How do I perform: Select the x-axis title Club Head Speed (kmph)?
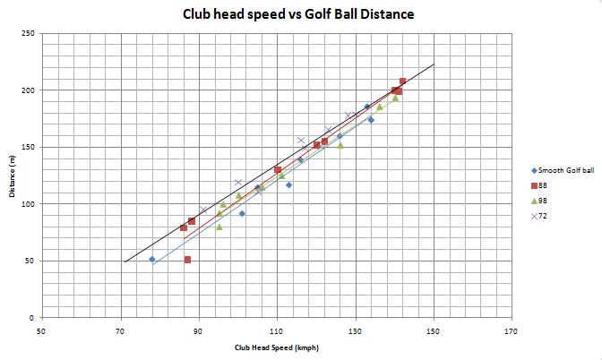277,348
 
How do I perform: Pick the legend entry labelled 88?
541,185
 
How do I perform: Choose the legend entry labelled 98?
541,201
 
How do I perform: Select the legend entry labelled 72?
541,216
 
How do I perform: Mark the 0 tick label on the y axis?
33,318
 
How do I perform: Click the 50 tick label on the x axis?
41,330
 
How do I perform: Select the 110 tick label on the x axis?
277,330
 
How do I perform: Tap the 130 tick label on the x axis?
356,330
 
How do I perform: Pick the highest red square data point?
402,81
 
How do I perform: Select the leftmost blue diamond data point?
152,259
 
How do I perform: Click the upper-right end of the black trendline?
434,64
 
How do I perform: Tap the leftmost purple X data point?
203,210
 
